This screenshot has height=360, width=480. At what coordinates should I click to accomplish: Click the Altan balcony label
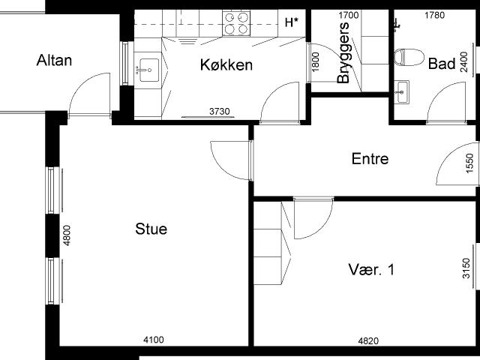(x=54, y=60)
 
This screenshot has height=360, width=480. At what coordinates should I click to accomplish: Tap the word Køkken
(x=226, y=65)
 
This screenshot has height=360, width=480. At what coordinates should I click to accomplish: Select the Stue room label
(x=151, y=229)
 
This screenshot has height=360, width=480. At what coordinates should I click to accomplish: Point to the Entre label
(x=370, y=158)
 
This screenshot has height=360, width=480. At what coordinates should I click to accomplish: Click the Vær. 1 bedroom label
(x=371, y=270)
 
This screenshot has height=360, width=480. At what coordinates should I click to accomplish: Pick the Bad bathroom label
(x=442, y=64)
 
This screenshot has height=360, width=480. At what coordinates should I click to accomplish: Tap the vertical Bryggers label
(x=343, y=52)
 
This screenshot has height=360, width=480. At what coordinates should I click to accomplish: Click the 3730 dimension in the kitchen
(x=220, y=112)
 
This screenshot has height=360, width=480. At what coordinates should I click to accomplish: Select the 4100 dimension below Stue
(x=154, y=340)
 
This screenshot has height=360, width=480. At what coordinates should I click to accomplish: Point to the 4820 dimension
(x=368, y=340)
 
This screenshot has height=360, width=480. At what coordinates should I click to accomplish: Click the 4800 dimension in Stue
(x=67, y=235)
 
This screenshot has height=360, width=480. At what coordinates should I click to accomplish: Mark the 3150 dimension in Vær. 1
(x=466, y=268)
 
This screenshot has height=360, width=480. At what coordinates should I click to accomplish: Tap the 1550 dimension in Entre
(x=469, y=163)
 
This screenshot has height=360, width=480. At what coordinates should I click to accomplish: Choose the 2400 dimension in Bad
(x=464, y=62)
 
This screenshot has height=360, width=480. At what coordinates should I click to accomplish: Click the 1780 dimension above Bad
(x=435, y=15)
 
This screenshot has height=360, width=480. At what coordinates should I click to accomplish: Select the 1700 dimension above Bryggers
(x=348, y=15)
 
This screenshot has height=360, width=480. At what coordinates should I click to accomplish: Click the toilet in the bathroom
(x=409, y=57)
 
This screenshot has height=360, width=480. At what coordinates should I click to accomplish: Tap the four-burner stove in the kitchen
(x=236, y=23)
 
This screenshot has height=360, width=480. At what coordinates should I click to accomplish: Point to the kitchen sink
(x=149, y=70)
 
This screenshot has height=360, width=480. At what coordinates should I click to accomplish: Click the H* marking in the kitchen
(x=292, y=22)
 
